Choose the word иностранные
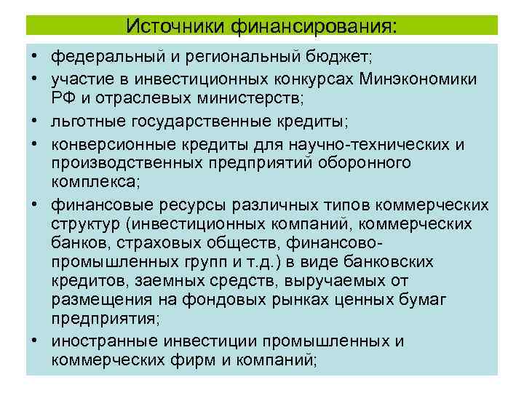tap(104, 341)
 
